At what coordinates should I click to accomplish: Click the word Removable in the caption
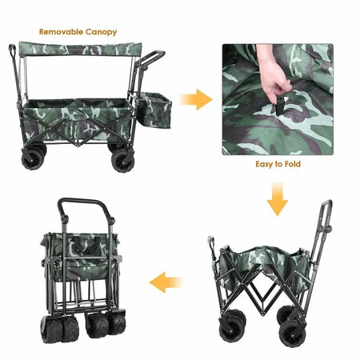point(61,32)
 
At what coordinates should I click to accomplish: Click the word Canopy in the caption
point(102,32)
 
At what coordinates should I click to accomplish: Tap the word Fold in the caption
point(293,164)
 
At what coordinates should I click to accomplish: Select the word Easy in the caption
point(266,164)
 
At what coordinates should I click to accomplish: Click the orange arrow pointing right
point(196,99)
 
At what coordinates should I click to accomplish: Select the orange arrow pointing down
point(278,199)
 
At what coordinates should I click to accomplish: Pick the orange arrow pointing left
point(166,282)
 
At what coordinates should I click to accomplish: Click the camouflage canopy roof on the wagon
point(80,49)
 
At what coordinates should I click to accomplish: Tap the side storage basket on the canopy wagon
point(154,110)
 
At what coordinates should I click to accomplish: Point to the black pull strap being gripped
point(279,106)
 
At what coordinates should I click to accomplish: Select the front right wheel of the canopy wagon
point(123,161)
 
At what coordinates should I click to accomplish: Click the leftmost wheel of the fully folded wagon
point(51,330)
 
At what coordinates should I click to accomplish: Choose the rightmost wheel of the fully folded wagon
point(118,322)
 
